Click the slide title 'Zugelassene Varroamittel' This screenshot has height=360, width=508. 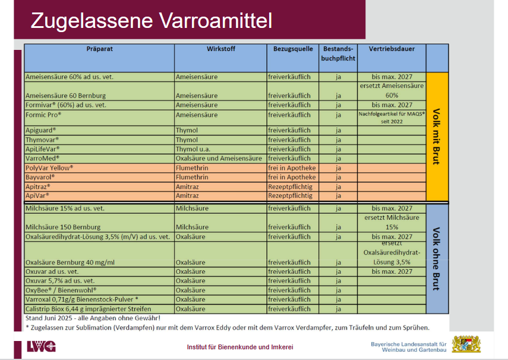click(151, 21)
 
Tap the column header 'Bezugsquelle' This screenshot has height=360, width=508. click(293, 49)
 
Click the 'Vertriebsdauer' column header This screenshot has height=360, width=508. click(392, 49)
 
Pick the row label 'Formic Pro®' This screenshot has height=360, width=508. click(43, 115)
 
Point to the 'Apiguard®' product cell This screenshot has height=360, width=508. click(41, 130)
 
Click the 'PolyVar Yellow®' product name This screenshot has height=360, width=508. click(49, 168)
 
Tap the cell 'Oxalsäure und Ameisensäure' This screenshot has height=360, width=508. click(219, 159)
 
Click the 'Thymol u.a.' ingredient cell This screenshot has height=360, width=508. click(194, 149)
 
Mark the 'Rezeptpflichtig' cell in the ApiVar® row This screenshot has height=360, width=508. click(290, 195)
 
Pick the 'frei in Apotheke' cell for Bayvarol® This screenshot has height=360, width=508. click(292, 177)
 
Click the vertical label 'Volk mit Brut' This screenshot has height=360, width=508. click(437, 136)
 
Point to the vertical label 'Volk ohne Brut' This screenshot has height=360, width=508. click(437, 259)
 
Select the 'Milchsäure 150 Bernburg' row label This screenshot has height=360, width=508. click(63, 227)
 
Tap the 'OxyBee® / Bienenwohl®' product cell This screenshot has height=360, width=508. click(61, 290)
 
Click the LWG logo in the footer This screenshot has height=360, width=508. click(41, 346)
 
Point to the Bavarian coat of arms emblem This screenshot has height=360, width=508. click(466, 345)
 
